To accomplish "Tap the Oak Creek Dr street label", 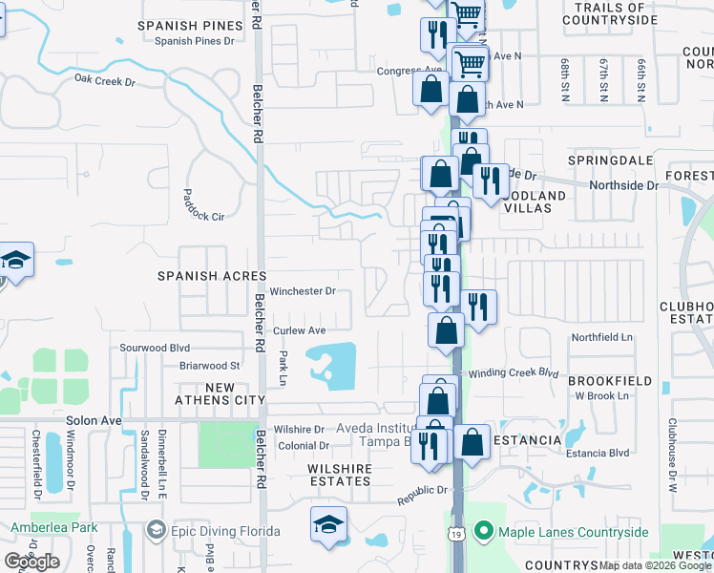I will tap(105, 81).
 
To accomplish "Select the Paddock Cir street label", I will tap(203, 217).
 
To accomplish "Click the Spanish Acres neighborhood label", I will tap(211, 276).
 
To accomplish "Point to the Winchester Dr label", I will tap(303, 291).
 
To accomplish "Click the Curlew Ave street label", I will tap(300, 330).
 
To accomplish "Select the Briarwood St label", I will tap(209, 365).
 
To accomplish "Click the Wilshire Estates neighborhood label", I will tap(339, 475).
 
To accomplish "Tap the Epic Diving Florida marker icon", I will tap(156, 531).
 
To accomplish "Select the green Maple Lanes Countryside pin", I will tap(483, 531).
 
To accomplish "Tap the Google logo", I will tap(32, 562).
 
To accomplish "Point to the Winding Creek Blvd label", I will tap(511, 372).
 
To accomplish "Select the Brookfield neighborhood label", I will tap(609, 381).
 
